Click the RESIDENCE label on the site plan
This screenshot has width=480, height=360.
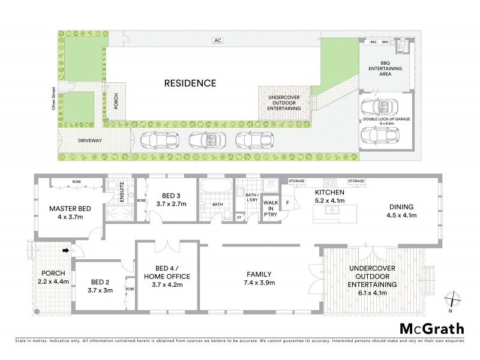coord(190,83)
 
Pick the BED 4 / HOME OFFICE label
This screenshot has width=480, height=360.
coord(167,277)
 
